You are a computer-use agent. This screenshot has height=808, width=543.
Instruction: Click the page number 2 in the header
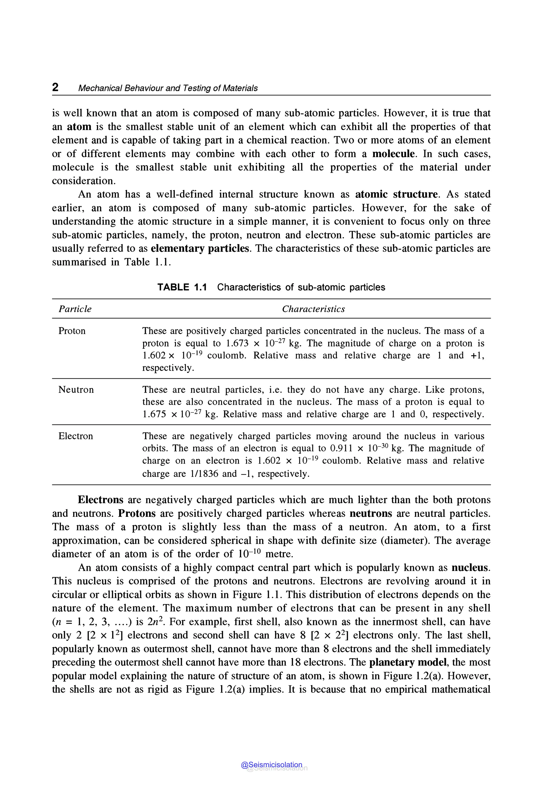[x=55, y=87]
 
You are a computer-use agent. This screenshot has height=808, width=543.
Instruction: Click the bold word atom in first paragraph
[x=79, y=127]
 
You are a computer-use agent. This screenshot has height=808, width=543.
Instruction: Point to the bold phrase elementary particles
[x=200, y=248]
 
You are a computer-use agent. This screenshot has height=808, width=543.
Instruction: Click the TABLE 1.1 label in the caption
[x=182, y=287]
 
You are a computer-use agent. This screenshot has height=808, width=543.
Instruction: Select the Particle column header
[x=75, y=309]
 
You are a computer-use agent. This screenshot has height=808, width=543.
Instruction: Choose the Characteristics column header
[x=313, y=309]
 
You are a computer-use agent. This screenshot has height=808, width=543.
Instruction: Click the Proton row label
[x=72, y=331]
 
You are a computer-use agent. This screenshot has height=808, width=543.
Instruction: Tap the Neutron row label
[x=76, y=390]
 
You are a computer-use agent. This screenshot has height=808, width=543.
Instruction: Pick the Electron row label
[x=76, y=436]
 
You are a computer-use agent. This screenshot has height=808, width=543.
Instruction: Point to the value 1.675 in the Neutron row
[x=154, y=415]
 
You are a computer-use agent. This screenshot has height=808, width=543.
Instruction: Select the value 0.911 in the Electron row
[x=341, y=449]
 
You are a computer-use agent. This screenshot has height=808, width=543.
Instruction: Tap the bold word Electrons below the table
[x=100, y=500]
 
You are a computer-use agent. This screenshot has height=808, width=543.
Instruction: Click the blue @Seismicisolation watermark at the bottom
[x=271, y=765]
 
